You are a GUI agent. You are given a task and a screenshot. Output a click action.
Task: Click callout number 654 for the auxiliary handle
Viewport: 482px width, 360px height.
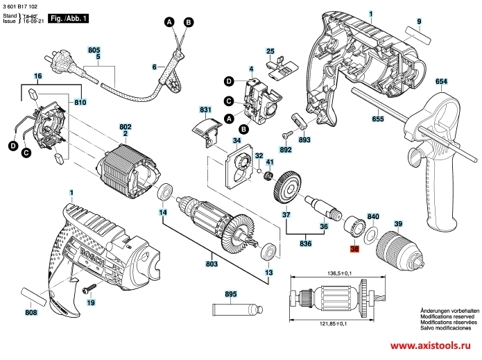pos(442,82)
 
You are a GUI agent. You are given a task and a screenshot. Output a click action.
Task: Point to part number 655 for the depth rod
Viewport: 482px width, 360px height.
pos(377,119)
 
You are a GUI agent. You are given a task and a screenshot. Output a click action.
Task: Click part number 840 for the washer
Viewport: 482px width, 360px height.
pos(372,216)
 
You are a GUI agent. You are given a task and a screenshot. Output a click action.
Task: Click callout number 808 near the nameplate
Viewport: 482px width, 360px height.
pos(31,313)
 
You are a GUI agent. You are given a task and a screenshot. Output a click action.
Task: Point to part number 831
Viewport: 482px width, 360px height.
pos(205,110)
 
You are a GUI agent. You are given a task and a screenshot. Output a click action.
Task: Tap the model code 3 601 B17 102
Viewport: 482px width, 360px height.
pos(21,6)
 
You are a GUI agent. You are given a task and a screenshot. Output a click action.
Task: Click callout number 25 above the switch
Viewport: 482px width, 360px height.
pos(270,51)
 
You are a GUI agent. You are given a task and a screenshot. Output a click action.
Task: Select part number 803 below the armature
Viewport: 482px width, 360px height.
pos(212,264)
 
